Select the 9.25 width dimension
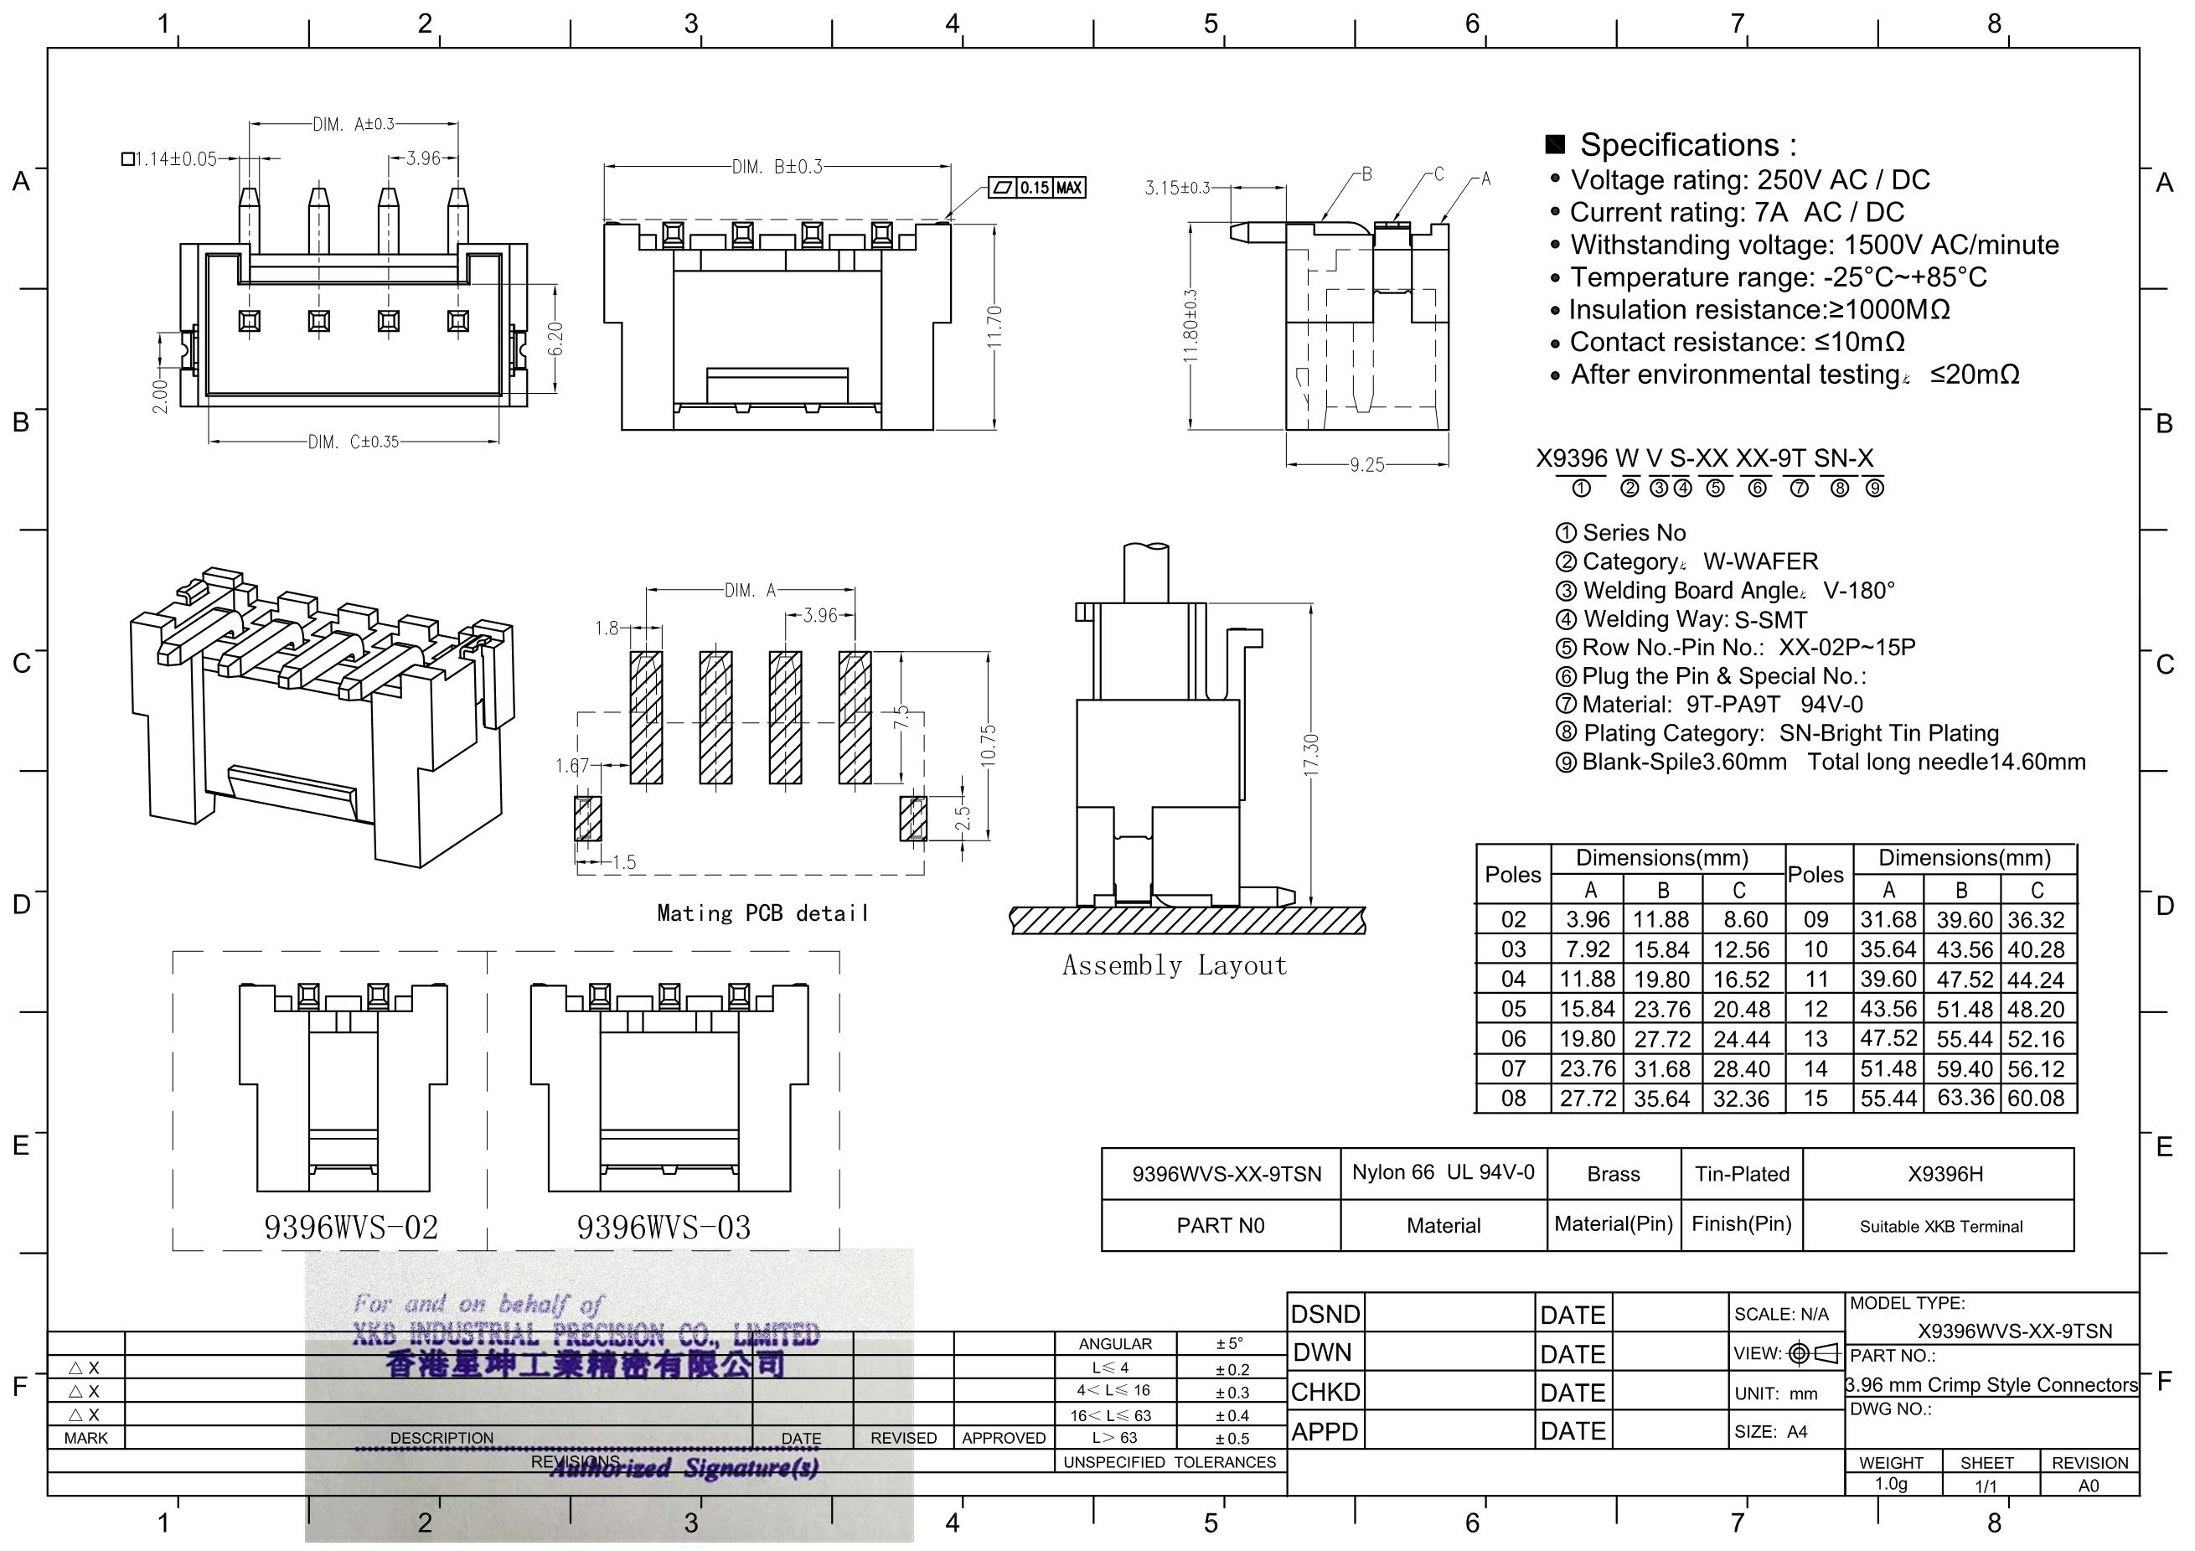pyautogui.click(x=1366, y=465)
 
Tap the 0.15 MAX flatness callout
pyautogui.click(x=1037, y=188)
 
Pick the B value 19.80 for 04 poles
pyautogui.click(x=1662, y=980)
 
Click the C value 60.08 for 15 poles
pyautogui.click(x=2037, y=1098)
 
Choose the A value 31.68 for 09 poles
pyautogui.click(x=1888, y=919)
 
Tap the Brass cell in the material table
pyautogui.click(x=1614, y=1174)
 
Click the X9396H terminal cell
pyautogui.click(x=1945, y=1174)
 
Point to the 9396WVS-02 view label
pyautogui.click(x=351, y=1227)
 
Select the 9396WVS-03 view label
pyautogui.click(x=664, y=1227)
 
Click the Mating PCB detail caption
pyautogui.click(x=763, y=913)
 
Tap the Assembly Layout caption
pyautogui.click(x=1175, y=966)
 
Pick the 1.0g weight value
pyautogui.click(x=1891, y=1483)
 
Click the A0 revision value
pyautogui.click(x=2089, y=1485)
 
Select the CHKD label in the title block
pyautogui.click(x=1325, y=1393)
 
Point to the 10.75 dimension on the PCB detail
pyautogui.click(x=989, y=747)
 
